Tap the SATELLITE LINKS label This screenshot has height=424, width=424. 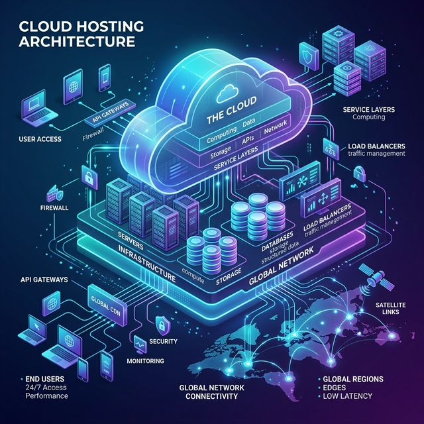392,308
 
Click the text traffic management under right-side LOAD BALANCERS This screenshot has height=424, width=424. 376,154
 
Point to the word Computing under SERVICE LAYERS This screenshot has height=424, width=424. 372,117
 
